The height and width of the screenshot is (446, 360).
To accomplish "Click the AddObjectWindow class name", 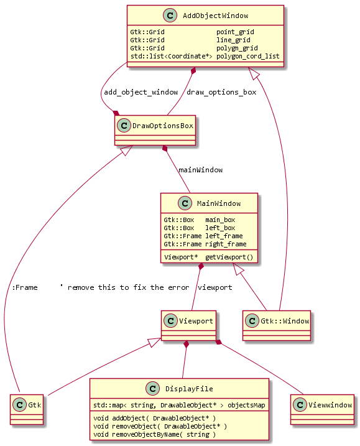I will point(213,15).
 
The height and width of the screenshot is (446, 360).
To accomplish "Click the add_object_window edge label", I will point(141,92).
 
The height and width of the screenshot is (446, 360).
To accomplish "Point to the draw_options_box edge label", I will point(221,92).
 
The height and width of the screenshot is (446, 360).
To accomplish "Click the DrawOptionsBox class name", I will point(162,126).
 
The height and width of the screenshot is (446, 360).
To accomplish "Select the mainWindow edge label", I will point(200,169).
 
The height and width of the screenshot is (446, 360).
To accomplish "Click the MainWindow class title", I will point(218,203).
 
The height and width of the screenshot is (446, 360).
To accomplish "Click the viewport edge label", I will point(215,287).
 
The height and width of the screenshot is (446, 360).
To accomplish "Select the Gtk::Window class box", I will point(276,325).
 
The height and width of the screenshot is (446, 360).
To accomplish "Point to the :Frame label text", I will point(25,287).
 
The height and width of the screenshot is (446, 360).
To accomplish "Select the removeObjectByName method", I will point(154,434).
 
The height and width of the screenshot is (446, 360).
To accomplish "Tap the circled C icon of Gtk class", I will point(20,404).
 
